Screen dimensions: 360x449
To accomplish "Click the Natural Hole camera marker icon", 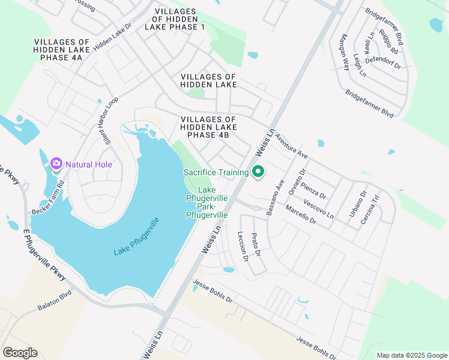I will pos(56,164).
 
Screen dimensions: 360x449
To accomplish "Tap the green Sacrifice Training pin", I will pos(258,172).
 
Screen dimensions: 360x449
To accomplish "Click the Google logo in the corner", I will pos(20,353).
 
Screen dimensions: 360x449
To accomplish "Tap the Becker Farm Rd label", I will pos(48,195).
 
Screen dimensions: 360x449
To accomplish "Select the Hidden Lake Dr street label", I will pos(112,37).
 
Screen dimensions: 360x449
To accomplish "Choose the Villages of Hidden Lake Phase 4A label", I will pos(62,49).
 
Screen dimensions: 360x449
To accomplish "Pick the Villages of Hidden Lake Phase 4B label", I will pos(208,127).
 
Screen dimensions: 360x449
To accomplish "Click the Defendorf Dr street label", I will pos(387,61).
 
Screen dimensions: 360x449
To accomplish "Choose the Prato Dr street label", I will pos(256,244).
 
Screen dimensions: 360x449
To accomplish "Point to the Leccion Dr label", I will pos(243,247).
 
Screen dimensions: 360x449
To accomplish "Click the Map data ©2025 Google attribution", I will pos(412,355).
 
